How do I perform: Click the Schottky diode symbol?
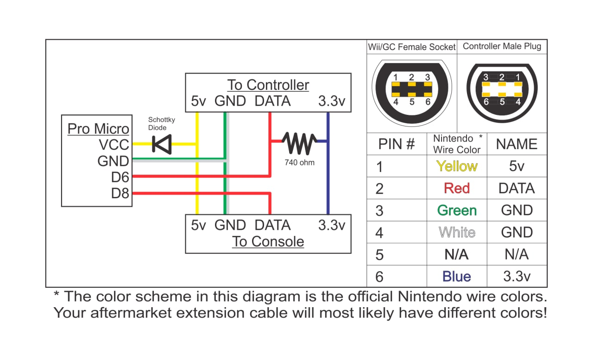[x=162, y=144]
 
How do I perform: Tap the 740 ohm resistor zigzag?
[x=299, y=143]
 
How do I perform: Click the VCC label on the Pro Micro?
[x=114, y=145]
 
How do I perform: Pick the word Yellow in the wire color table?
[x=457, y=166]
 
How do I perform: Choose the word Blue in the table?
[x=457, y=277]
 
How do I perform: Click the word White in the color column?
[x=457, y=232]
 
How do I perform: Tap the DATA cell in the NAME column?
[x=517, y=188]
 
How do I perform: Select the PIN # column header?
[x=397, y=144]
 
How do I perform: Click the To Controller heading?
[x=268, y=85]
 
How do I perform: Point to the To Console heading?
[x=268, y=241]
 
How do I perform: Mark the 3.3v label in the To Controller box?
[x=332, y=101]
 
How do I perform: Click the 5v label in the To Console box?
[x=198, y=225]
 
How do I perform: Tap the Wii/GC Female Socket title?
[x=411, y=47]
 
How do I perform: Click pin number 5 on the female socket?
[x=412, y=102]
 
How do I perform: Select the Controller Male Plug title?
[x=502, y=46]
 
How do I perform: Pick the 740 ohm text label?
[x=299, y=163]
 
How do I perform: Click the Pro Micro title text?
[x=98, y=128]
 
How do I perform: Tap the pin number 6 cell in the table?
[x=379, y=277]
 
